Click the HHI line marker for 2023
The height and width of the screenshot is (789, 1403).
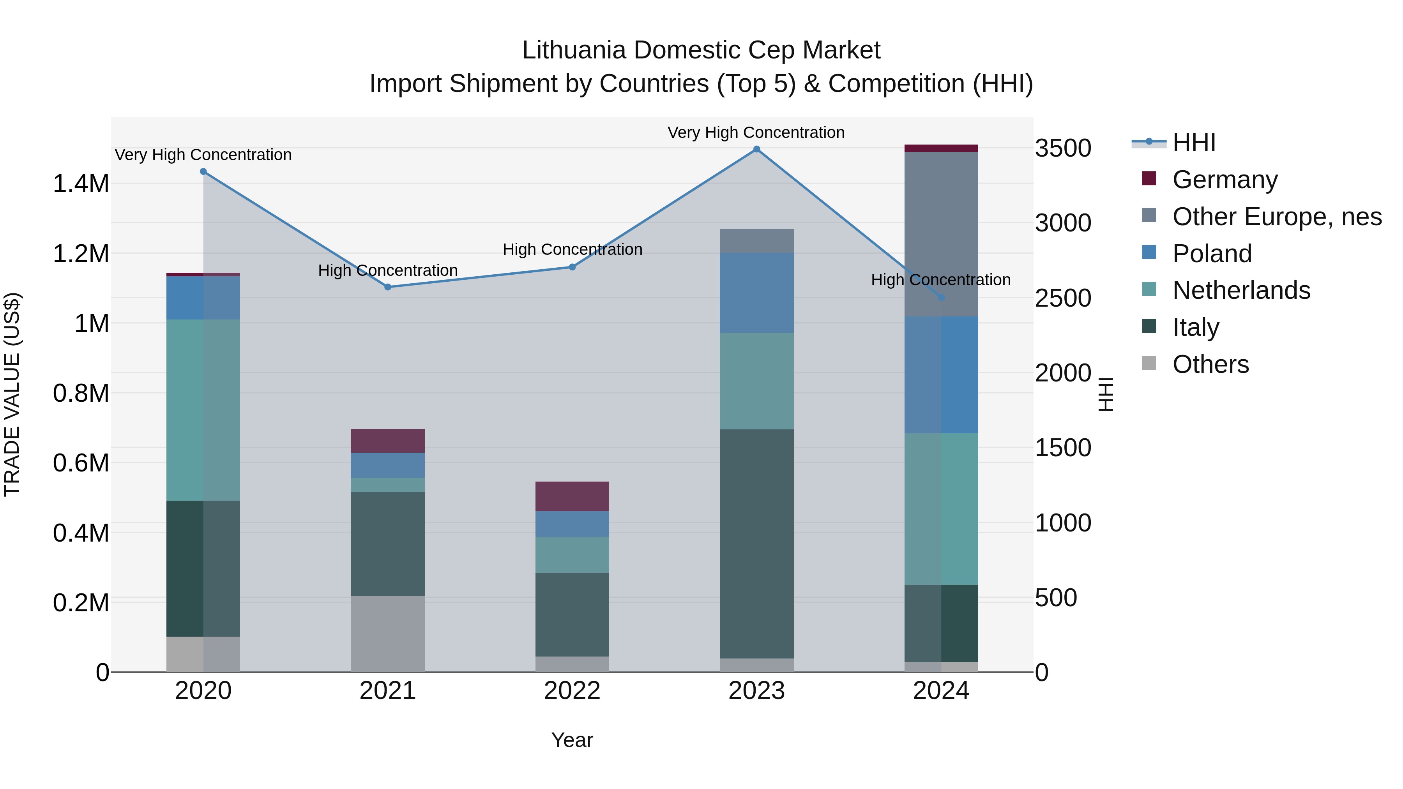(756, 149)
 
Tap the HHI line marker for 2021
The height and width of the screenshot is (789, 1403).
(388, 287)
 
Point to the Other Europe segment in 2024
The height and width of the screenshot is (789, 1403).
(941, 234)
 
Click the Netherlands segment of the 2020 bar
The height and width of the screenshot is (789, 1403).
(203, 410)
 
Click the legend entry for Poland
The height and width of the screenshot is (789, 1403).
(1212, 254)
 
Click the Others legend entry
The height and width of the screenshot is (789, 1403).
(1210, 364)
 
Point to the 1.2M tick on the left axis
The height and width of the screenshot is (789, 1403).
(81, 254)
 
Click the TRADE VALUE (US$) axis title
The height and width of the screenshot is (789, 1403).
(12, 394)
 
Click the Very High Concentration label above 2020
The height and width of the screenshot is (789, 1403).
(203, 155)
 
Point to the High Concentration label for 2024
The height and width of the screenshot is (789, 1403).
(941, 280)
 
